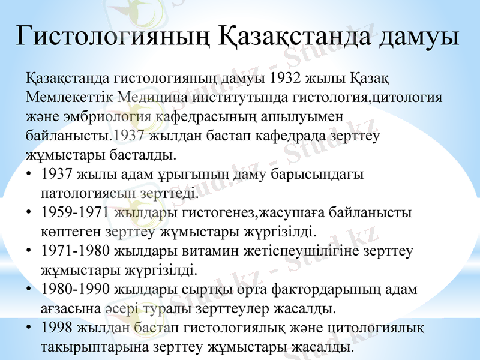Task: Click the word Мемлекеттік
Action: [x=70, y=98]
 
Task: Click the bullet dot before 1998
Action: [x=29, y=328]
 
